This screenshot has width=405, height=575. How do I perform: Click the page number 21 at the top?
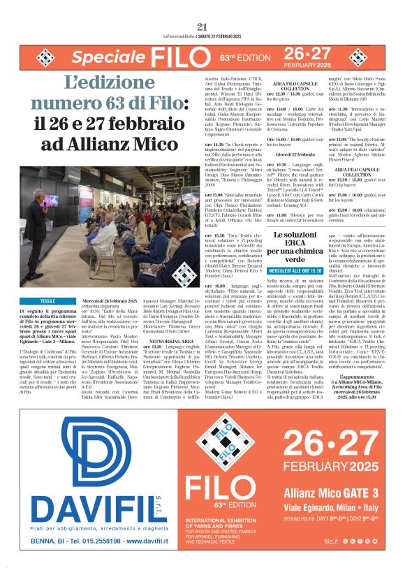202,7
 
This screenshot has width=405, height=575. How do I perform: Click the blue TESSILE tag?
48,300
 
